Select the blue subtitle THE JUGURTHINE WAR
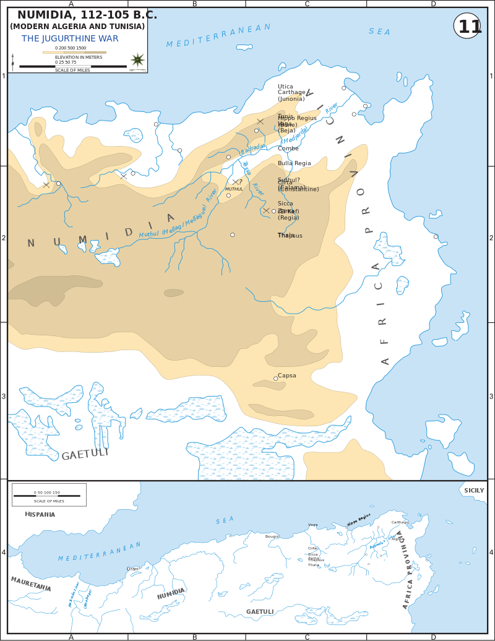pyautogui.click(x=70, y=39)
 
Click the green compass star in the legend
pyautogui.click(x=137, y=60)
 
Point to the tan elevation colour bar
pyautogui.click(x=74, y=53)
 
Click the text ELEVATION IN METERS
pyautogui.click(x=79, y=58)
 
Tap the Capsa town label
pyautogui.click(x=287, y=376)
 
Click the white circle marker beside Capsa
pyautogui.click(x=275, y=379)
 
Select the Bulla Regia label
pyautogui.click(x=295, y=163)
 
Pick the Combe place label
pyautogui.click(x=288, y=148)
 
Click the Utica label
pyautogui.click(x=285, y=87)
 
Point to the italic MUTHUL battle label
pyautogui.click(x=234, y=189)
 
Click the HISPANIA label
pyautogui.click(x=40, y=514)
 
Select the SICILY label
pyautogui.click(x=474, y=491)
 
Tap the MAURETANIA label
pyautogui.click(x=31, y=584)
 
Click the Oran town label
pyautogui.click(x=132, y=569)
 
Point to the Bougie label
pyautogui.click(x=272, y=536)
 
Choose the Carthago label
pyautogui.click(x=400, y=522)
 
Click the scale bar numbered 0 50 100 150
pyautogui.click(x=47, y=496)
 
